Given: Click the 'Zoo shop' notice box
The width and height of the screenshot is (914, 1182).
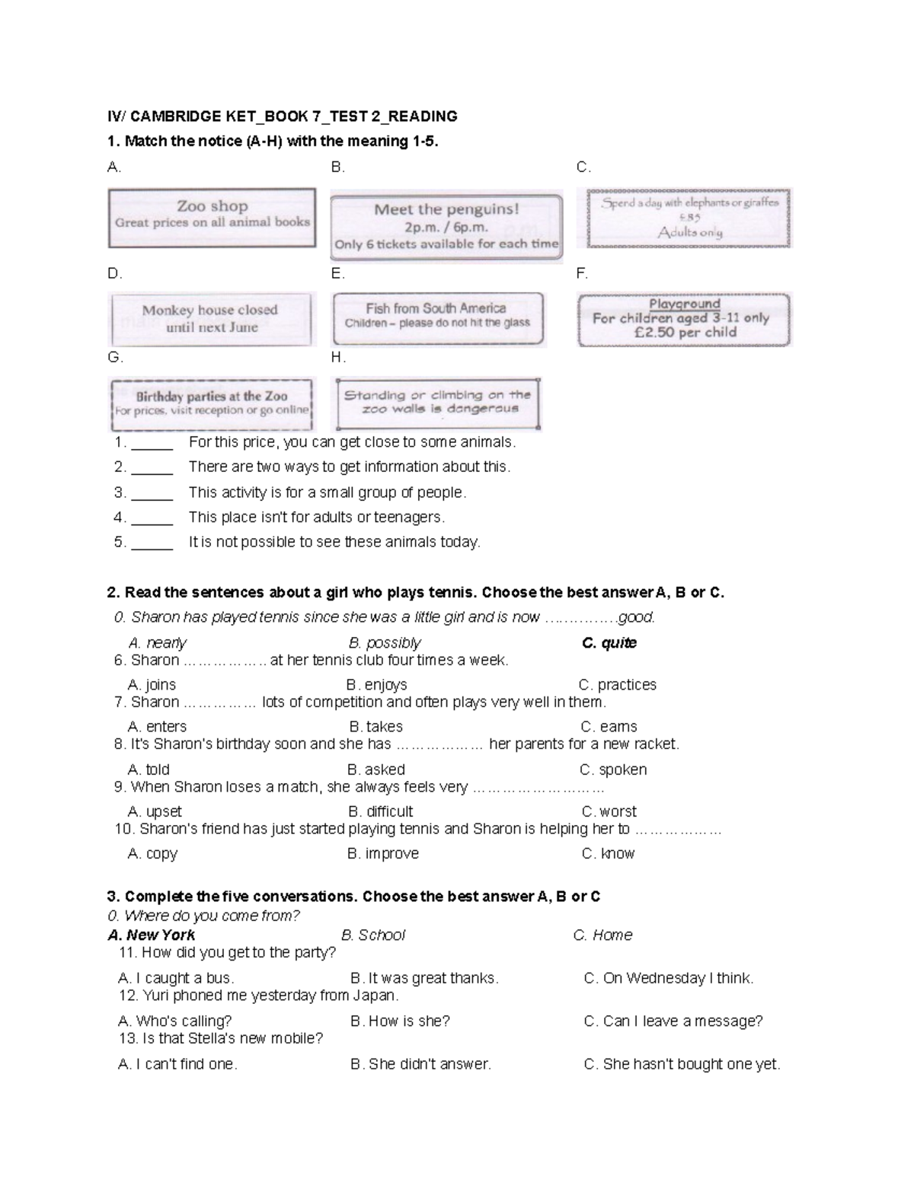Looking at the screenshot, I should pyautogui.click(x=212, y=218).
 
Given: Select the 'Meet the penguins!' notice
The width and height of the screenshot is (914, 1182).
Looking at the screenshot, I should pyautogui.click(x=446, y=227).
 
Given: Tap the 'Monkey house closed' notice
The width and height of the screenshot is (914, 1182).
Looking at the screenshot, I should pyautogui.click(x=211, y=319).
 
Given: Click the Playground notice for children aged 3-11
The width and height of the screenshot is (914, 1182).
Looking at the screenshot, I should pyautogui.click(x=684, y=319).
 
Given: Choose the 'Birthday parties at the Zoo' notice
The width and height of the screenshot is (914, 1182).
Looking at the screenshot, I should pyautogui.click(x=212, y=403).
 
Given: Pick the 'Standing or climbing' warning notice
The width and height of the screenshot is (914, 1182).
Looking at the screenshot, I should pyautogui.click(x=438, y=403).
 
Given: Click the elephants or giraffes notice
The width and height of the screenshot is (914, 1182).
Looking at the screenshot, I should pyautogui.click(x=689, y=218).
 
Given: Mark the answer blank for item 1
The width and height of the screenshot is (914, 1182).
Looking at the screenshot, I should pyautogui.click(x=152, y=443).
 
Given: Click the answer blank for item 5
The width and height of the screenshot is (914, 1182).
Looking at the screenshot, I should pyautogui.click(x=152, y=543).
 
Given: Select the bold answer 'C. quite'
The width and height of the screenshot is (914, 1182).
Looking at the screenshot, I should pyautogui.click(x=609, y=642).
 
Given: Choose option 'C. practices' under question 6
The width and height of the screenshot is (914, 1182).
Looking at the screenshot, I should pyautogui.click(x=617, y=684).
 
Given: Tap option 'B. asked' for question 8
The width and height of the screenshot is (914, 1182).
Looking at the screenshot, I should pyautogui.click(x=376, y=769).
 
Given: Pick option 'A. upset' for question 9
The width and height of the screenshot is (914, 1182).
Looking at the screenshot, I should pyautogui.click(x=155, y=811).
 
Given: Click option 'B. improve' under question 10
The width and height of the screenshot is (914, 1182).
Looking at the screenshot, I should pyautogui.click(x=383, y=853).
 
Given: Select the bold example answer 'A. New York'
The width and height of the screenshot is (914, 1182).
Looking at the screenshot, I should pyautogui.click(x=152, y=935).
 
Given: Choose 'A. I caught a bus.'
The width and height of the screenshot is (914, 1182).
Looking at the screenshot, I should pyautogui.click(x=176, y=978).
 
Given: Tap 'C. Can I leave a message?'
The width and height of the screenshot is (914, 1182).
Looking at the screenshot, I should pyautogui.click(x=673, y=1021).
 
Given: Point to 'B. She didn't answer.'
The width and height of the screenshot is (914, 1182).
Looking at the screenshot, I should pyautogui.click(x=420, y=1064).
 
